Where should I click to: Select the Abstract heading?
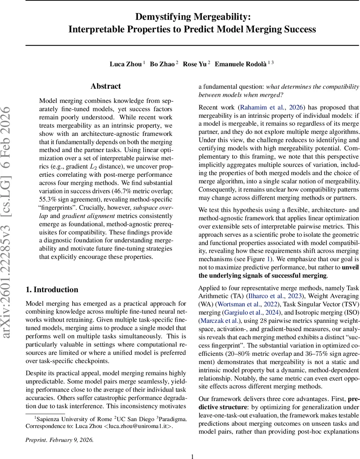(x=106, y=86)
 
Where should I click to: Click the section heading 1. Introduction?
(x=52, y=290)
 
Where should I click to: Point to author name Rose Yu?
(x=195, y=64)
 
